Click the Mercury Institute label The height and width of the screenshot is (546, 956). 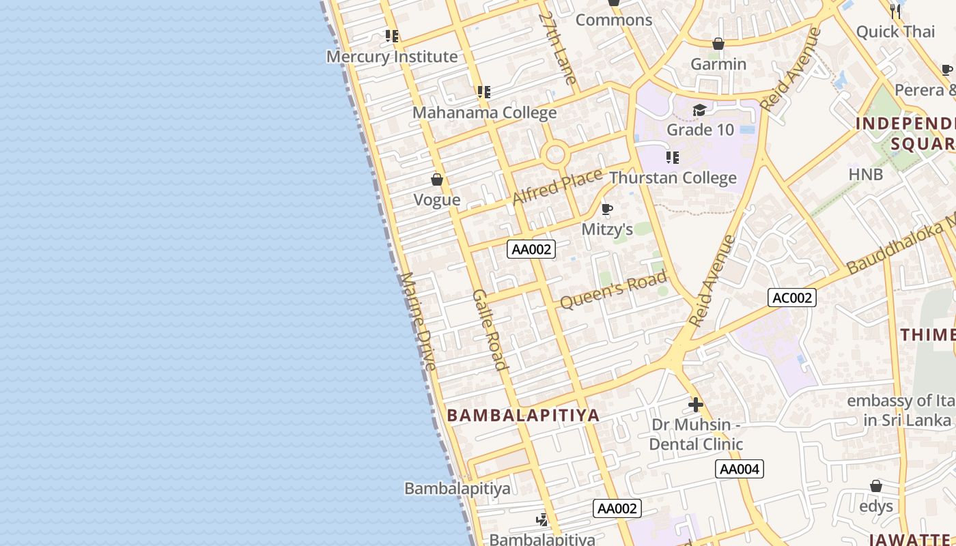[391, 57]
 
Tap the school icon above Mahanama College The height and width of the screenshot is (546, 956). [484, 91]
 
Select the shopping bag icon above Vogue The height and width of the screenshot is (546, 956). [437, 179]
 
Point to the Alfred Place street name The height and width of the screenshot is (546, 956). [557, 185]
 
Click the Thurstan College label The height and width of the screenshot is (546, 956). [673, 178]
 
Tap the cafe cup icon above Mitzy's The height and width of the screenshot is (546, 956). [606, 209]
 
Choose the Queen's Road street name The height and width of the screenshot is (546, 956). [613, 289]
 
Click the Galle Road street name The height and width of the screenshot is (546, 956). [490, 330]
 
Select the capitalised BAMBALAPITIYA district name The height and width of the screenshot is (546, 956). [523, 415]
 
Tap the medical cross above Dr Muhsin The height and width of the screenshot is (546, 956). [696, 405]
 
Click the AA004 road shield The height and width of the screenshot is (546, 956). [740, 469]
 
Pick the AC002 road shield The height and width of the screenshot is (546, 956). [792, 298]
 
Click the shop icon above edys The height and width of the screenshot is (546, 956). [876, 486]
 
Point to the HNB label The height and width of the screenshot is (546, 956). [866, 174]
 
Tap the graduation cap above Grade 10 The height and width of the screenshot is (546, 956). [699, 110]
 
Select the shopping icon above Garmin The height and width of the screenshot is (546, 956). [718, 44]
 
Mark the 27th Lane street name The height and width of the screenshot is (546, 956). [558, 48]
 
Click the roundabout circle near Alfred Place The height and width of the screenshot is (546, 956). [555, 154]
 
